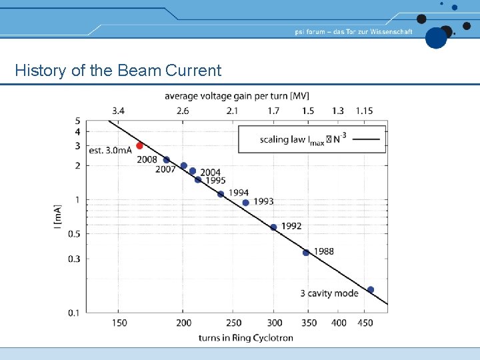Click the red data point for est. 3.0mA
pos(139,145)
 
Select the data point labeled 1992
pos(273,227)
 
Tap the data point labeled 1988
pos(306,253)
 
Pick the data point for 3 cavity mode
pos(371,290)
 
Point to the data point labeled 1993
pos(246,203)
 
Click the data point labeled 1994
pos(221,194)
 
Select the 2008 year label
pos(147,159)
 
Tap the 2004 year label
pos(210,173)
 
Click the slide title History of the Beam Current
pos(118,70)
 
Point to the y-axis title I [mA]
pos(58,217)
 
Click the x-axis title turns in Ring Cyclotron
pos(245,337)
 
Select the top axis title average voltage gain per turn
pos(237,96)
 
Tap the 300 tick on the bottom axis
pos(273,323)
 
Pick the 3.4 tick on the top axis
pos(118,110)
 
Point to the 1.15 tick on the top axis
pos(364,110)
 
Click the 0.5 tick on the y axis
pos(73,233)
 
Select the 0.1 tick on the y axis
pos(73,312)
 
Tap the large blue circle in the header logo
pos(436,38)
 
